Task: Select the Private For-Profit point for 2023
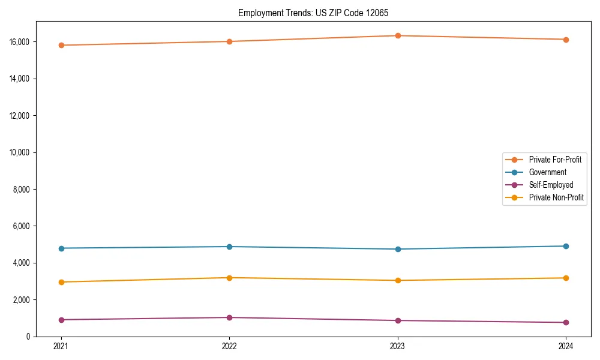[x=398, y=35]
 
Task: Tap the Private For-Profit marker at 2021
[x=61, y=45]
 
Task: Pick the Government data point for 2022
[x=229, y=247]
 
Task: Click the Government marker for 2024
[x=566, y=246]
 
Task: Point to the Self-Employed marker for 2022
[x=229, y=317]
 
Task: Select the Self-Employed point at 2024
[x=566, y=322]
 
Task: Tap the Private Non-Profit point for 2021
[x=61, y=282]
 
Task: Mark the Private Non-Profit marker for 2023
[x=398, y=280]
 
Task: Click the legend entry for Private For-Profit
[x=554, y=160]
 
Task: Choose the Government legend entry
[x=547, y=172]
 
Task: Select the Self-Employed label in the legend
[x=551, y=185]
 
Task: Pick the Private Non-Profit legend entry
[x=556, y=197]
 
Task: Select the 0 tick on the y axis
[x=28, y=337]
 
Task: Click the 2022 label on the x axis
[x=229, y=346]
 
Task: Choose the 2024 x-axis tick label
[x=566, y=346]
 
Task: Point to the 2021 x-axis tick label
[x=61, y=346]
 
